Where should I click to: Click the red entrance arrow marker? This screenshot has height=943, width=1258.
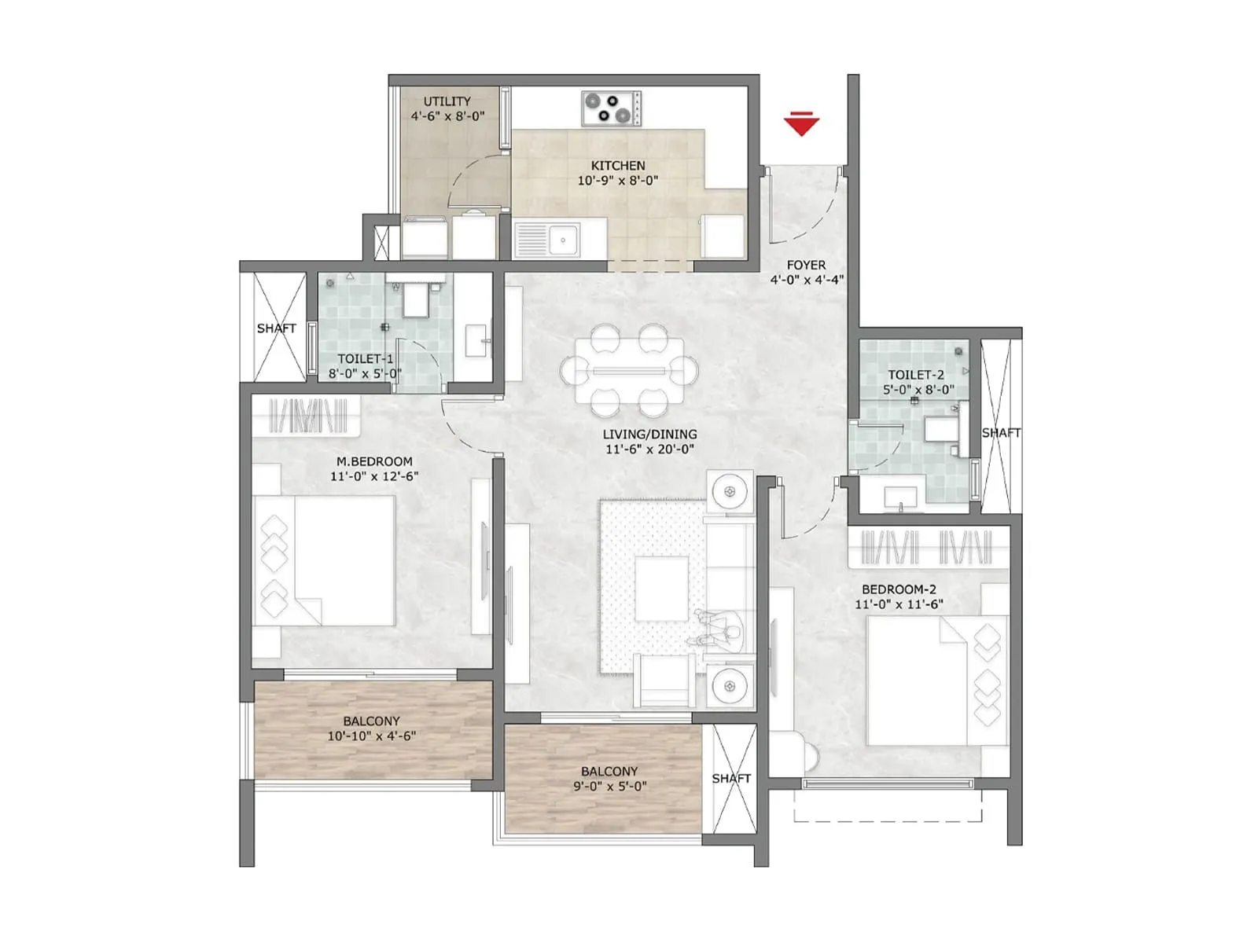click(801, 124)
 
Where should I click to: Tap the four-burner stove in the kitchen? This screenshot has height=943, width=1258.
click(611, 108)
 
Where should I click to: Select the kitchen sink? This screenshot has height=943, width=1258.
click(546, 240)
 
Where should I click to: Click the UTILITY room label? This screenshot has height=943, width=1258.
click(447, 101)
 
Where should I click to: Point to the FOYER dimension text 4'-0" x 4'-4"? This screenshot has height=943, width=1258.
click(807, 280)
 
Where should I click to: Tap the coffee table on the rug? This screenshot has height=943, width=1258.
click(662, 589)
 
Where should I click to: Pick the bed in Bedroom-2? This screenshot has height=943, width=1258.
click(936, 680)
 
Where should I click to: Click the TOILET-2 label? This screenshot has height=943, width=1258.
click(916, 375)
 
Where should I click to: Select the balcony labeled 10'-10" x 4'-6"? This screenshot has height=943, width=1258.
click(371, 729)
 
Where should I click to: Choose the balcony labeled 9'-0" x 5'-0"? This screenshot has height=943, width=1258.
click(609, 779)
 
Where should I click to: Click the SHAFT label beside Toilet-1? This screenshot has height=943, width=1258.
click(276, 328)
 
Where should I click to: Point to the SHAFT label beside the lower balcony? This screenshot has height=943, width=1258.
click(731, 779)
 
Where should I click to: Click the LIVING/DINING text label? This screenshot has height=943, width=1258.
click(649, 434)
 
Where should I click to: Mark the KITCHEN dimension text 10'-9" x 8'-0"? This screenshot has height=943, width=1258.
click(618, 181)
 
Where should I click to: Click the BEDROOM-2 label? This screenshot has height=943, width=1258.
click(899, 589)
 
